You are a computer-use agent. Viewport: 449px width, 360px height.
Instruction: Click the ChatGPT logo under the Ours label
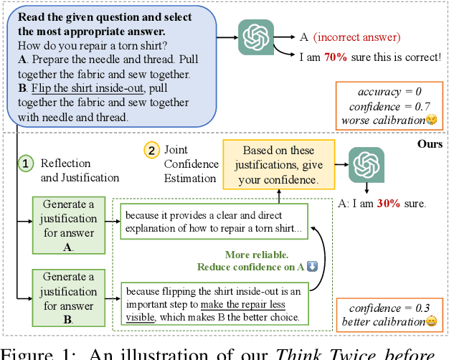point(366,165)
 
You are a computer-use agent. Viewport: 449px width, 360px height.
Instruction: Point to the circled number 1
point(25,164)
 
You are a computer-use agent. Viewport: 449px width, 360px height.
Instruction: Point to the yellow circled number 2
point(151,150)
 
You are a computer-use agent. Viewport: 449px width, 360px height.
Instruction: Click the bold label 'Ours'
point(429,144)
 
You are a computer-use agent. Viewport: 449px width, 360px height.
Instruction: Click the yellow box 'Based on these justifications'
point(278,164)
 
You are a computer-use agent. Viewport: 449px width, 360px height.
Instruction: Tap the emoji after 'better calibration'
point(432,321)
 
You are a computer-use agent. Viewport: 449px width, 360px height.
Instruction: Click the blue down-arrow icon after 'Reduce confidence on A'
point(312,267)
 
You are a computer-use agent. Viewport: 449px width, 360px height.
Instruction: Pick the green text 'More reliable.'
point(257,255)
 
